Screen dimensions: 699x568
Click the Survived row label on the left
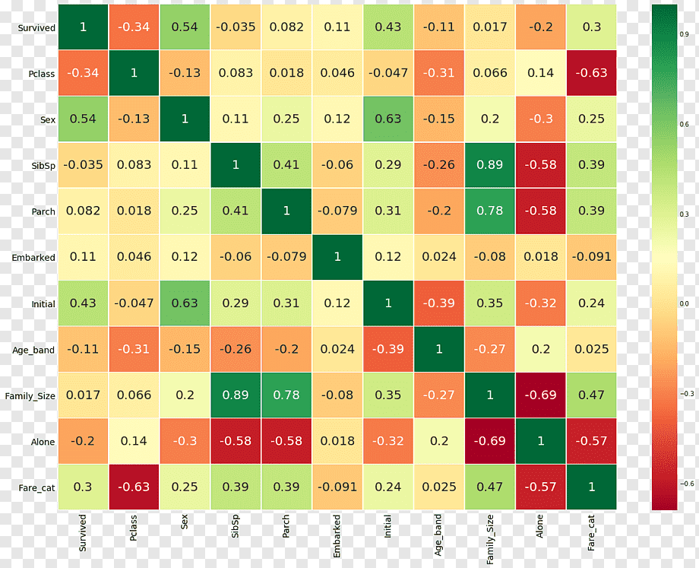click(36, 27)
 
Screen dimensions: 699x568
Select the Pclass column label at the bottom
click(133, 528)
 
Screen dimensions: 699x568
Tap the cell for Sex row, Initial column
click(387, 119)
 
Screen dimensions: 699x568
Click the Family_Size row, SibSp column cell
click(236, 395)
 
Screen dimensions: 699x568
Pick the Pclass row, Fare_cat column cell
click(592, 73)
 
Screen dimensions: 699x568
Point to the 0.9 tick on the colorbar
click(685, 34)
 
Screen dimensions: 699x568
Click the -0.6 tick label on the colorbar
click(687, 484)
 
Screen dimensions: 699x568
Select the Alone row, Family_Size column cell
click(489, 441)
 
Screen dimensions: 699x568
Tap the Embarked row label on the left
click(33, 258)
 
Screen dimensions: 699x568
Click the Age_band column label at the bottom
click(438, 535)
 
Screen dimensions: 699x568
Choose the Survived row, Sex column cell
click(185, 27)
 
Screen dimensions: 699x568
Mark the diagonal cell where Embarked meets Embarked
click(337, 257)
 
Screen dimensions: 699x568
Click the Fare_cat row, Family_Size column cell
click(489, 487)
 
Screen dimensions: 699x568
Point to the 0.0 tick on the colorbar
click(685, 304)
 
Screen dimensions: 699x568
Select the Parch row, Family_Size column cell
click(489, 211)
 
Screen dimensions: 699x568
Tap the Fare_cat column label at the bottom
click(591, 533)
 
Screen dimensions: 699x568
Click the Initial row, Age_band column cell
click(438, 303)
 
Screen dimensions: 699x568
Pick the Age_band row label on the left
click(33, 351)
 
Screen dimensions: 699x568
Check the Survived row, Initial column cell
click(387, 27)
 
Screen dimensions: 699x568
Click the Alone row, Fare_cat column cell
click(592, 441)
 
